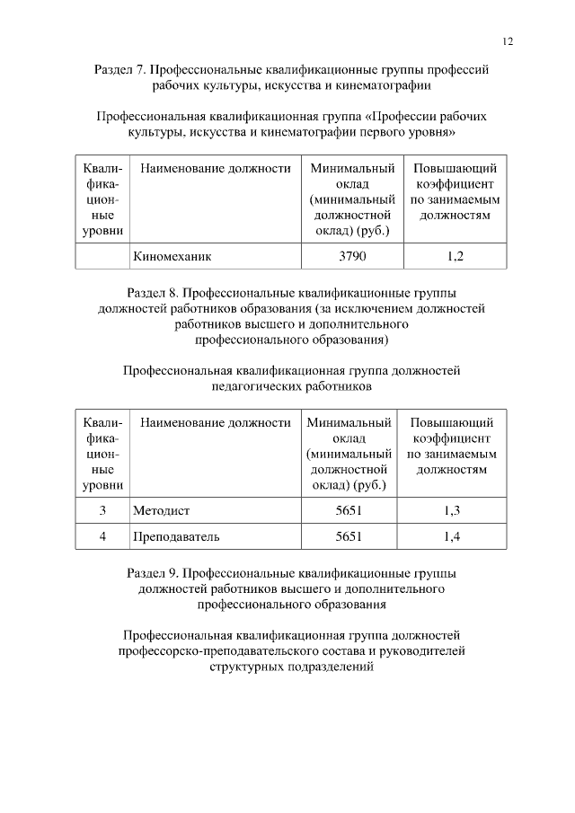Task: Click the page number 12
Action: click(508, 40)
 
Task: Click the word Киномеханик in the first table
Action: click(172, 256)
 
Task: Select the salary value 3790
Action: click(352, 256)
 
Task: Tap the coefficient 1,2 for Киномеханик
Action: click(455, 256)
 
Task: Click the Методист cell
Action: click(162, 510)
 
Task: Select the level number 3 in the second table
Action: click(102, 510)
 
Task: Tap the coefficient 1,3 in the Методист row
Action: click(452, 510)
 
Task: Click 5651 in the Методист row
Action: click(349, 510)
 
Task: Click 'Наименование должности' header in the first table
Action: click(216, 168)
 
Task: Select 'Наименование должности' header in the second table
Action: click(216, 422)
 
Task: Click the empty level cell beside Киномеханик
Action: click(102, 256)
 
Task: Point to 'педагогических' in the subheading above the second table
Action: click(251, 386)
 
